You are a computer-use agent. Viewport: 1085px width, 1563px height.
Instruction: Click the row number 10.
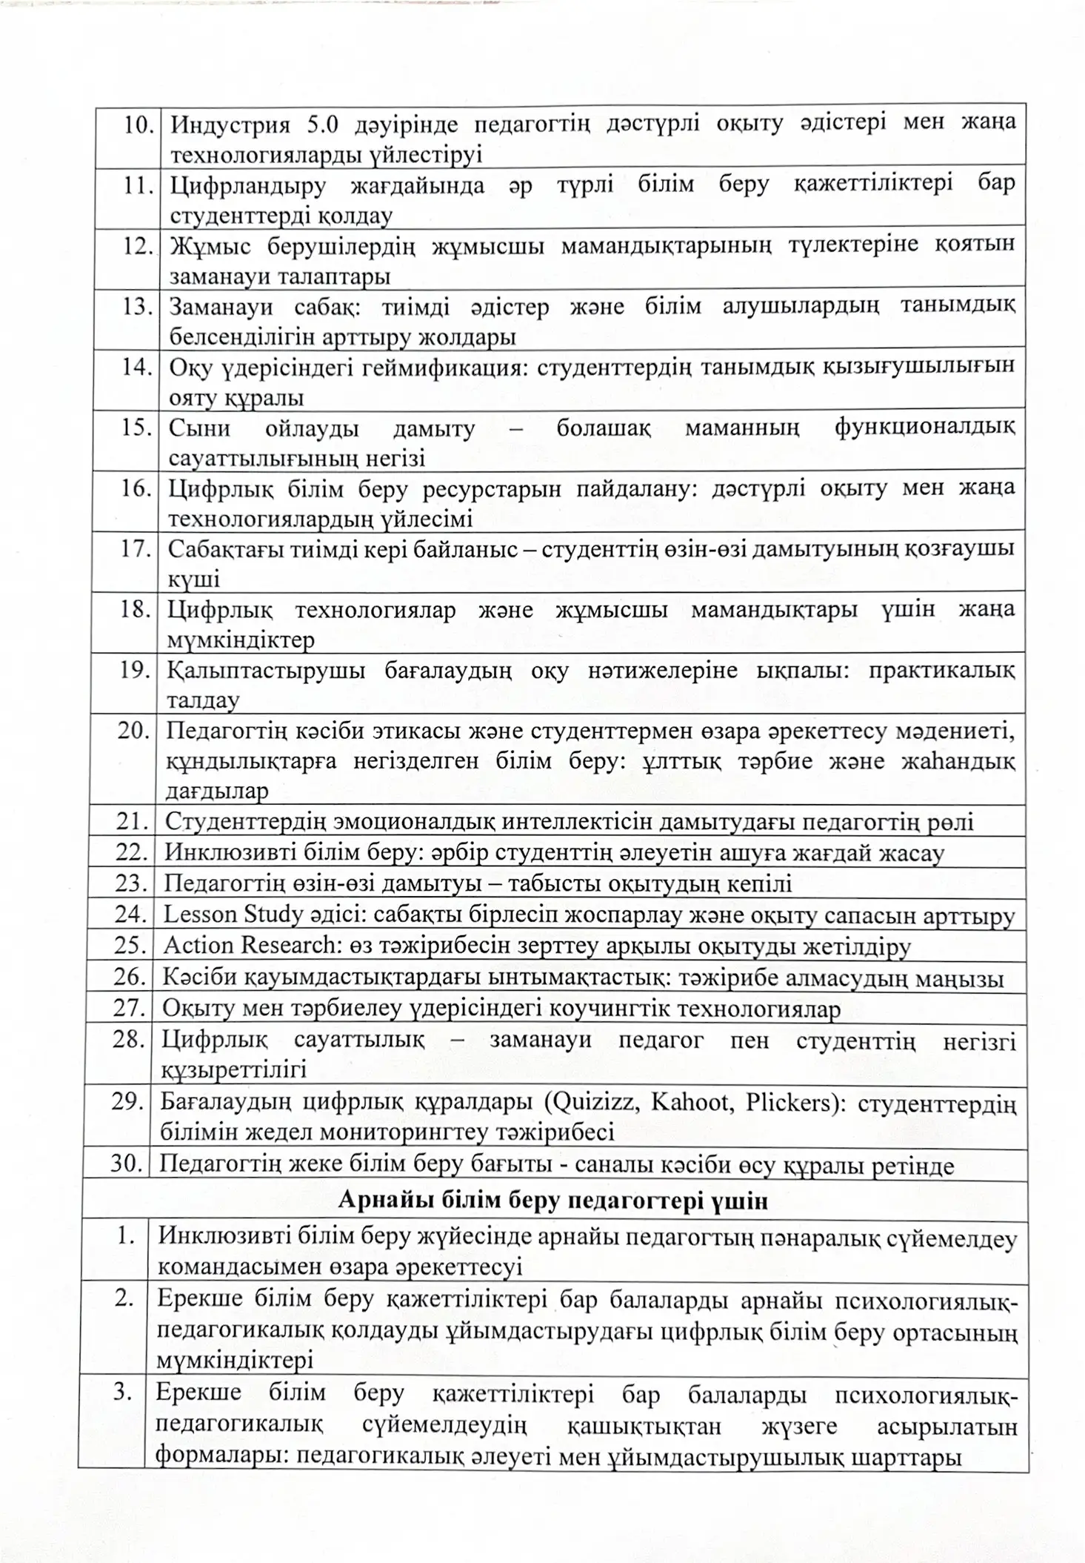tap(137, 125)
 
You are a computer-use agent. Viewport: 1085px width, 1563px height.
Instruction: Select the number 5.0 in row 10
tap(322, 124)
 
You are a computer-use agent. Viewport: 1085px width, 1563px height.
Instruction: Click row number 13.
tap(137, 306)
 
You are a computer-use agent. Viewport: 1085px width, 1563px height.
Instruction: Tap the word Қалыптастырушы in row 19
tap(266, 671)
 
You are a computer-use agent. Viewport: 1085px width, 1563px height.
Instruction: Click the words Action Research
tap(249, 946)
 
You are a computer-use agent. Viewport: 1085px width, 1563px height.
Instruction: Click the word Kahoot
tap(689, 1101)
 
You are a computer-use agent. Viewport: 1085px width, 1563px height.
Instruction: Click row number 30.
tap(127, 1164)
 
